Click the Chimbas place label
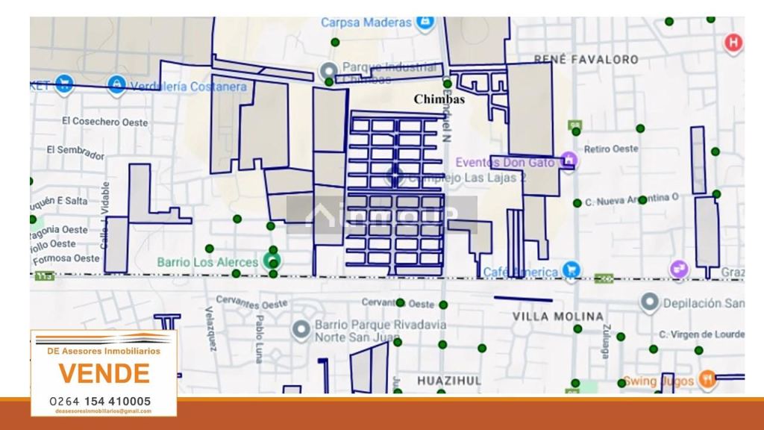click(x=439, y=99)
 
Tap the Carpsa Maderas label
click(x=366, y=22)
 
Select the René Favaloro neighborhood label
click(x=586, y=59)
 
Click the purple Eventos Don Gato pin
click(x=569, y=160)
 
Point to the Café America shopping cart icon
click(x=572, y=269)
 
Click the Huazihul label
click(x=449, y=380)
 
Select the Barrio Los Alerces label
click(x=207, y=262)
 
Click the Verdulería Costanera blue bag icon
click(x=116, y=84)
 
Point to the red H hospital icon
click(x=734, y=43)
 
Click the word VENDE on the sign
click(x=104, y=373)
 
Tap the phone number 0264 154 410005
click(x=100, y=401)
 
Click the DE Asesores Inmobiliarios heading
click(x=104, y=350)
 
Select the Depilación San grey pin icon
click(x=650, y=303)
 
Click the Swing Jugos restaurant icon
click(x=707, y=379)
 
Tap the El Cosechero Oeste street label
click(x=104, y=122)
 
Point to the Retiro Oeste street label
click(x=612, y=149)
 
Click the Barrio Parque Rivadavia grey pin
click(x=301, y=329)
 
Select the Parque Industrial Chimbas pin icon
click(x=328, y=72)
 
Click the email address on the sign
click(x=104, y=411)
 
